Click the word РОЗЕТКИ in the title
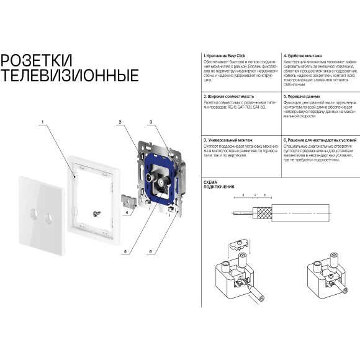37,61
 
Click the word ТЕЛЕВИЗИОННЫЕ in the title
70,76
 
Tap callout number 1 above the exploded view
43,122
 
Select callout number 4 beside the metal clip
127,213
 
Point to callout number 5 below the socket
125,252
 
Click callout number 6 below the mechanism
150,252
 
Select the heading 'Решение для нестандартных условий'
318,141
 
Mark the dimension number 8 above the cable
245,194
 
